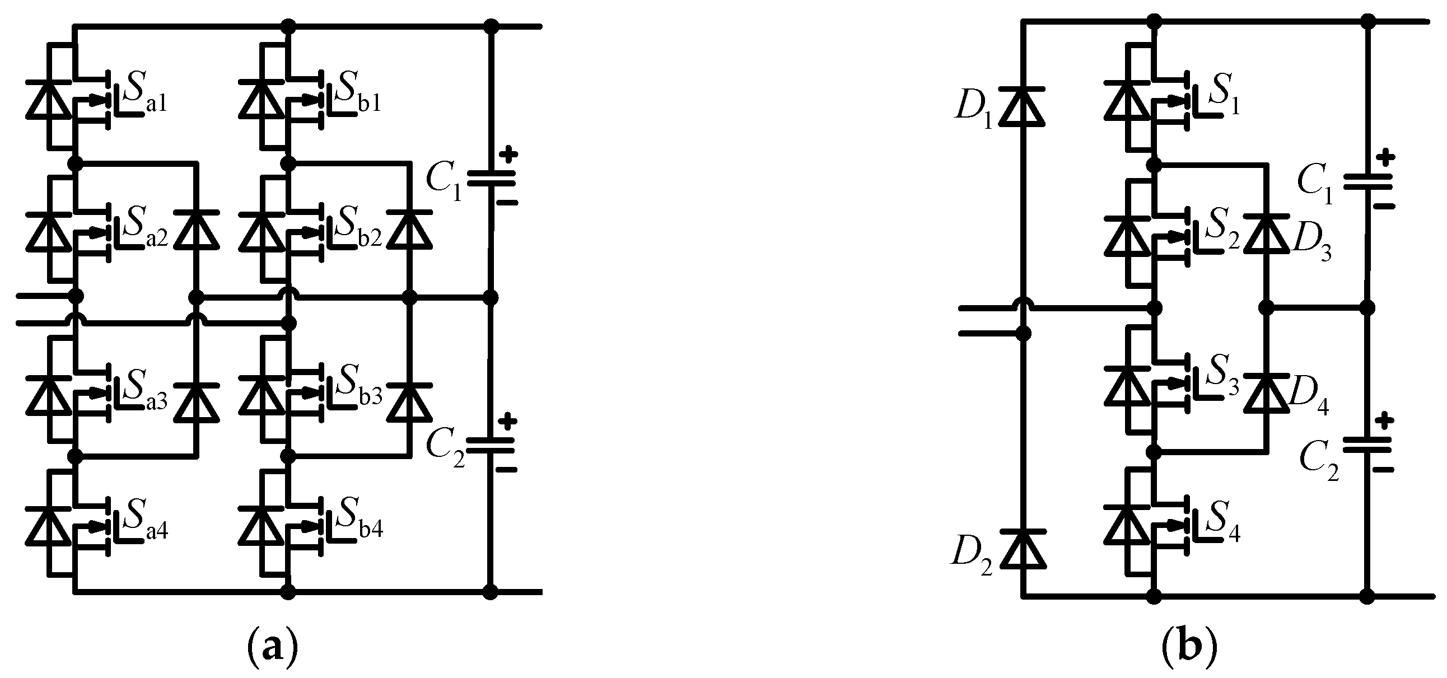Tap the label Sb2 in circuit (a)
tap(357, 231)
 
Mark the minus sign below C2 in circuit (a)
tap(507, 469)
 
